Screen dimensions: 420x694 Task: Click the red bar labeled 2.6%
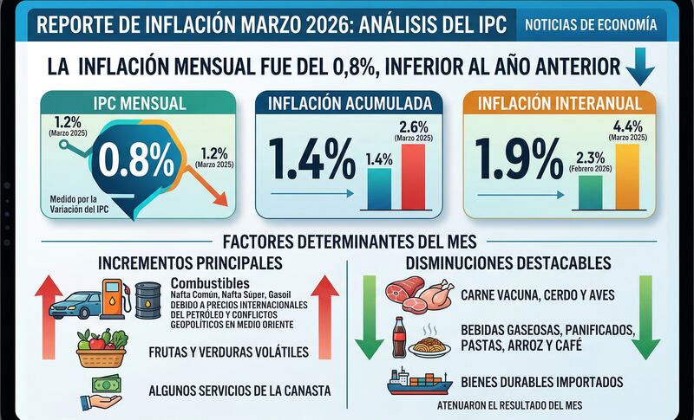click(x=414, y=178)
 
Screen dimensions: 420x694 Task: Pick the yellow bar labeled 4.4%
click(x=627, y=177)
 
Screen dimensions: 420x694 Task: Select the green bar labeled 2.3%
click(x=590, y=191)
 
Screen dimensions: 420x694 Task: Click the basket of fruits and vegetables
click(x=102, y=351)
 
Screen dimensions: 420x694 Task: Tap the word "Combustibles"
click(x=211, y=284)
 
